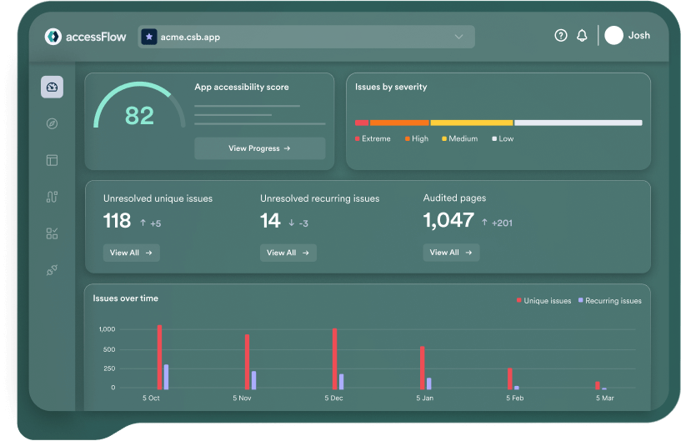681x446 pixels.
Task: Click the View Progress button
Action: [259, 148]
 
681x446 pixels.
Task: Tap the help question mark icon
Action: [561, 36]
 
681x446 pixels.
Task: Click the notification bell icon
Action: [582, 36]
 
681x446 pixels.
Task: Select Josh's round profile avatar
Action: [614, 36]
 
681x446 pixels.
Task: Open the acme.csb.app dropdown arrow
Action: [458, 37]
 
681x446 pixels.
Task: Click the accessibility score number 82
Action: [139, 115]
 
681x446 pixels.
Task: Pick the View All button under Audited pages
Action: [451, 253]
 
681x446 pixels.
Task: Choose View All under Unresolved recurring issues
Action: [288, 253]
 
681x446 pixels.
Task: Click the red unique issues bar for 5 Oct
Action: [159, 357]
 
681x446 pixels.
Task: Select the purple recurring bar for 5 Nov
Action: [253, 380]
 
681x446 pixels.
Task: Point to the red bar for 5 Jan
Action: [423, 368]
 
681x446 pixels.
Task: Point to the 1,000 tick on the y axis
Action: [107, 329]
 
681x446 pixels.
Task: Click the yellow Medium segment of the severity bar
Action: [472, 123]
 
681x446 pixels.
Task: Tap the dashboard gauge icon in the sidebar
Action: [52, 87]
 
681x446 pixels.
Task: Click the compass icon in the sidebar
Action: [52, 123]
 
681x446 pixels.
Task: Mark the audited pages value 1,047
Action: [448, 221]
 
